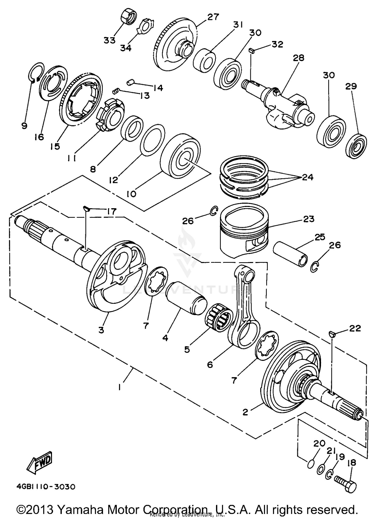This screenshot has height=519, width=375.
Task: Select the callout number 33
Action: (109, 40)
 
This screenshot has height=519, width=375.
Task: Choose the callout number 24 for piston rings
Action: (307, 177)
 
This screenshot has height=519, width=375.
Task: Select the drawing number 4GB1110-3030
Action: (46, 487)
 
